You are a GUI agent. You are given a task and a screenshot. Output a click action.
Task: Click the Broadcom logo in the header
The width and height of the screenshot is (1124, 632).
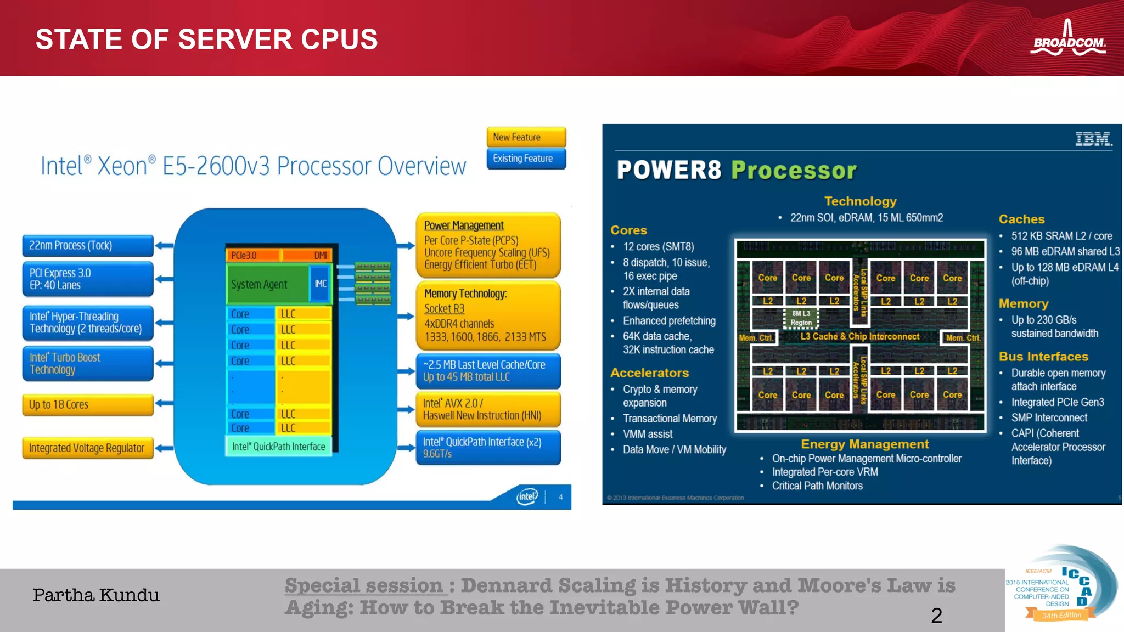1067,39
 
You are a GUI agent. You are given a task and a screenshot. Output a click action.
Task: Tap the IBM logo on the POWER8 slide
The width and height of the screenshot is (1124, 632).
1093,139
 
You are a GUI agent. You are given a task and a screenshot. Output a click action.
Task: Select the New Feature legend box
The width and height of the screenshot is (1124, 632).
526,137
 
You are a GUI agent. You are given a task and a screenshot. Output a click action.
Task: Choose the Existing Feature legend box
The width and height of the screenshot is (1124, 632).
526,159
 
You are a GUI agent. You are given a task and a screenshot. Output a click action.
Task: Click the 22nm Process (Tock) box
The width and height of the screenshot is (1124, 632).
88,245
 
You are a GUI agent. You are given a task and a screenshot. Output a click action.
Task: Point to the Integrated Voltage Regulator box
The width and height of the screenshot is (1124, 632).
88,448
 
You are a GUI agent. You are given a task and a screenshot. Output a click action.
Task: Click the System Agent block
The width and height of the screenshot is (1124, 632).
267,284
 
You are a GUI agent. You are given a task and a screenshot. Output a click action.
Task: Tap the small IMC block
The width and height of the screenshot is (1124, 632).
321,284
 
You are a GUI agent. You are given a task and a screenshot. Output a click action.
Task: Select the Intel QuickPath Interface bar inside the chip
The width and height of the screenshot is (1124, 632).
278,447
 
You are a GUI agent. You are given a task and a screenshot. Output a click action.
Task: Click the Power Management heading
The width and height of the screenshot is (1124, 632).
464,225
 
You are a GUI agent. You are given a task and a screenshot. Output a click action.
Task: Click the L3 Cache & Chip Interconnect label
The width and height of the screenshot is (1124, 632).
859,336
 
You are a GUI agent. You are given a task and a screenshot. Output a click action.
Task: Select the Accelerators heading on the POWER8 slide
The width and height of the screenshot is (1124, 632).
649,373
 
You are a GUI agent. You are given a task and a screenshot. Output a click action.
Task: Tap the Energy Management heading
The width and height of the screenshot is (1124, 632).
864,444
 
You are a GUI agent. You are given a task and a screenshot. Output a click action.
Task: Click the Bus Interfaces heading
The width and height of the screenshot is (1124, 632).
1043,357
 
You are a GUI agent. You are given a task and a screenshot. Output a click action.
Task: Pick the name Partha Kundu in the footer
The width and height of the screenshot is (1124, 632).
96,595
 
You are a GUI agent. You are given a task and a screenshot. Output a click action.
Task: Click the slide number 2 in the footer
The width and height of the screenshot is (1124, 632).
936,616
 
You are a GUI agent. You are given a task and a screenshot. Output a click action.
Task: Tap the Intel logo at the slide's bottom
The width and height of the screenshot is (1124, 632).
527,496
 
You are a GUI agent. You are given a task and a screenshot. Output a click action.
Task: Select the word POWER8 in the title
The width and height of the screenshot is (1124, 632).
668,170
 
